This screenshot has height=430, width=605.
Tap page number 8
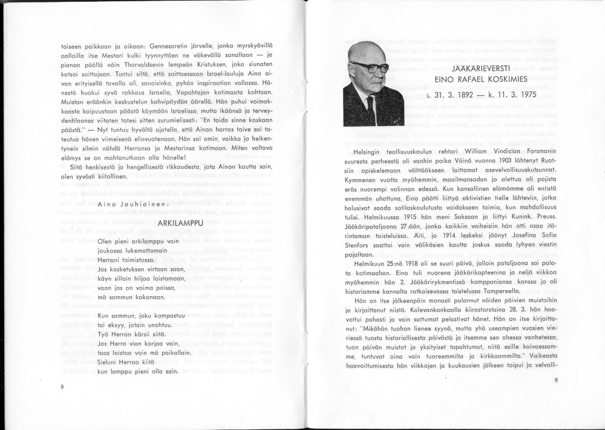point(62,386)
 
